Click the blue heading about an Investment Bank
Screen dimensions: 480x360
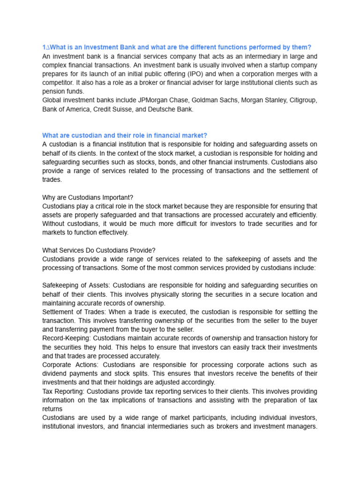[177, 47]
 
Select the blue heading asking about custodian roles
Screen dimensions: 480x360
[125, 135]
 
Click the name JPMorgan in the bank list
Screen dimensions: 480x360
[153, 100]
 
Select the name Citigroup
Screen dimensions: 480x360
[301, 100]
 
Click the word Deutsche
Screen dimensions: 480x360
[162, 109]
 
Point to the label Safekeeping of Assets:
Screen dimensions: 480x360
[76, 285]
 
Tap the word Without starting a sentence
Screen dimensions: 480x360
[55, 224]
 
